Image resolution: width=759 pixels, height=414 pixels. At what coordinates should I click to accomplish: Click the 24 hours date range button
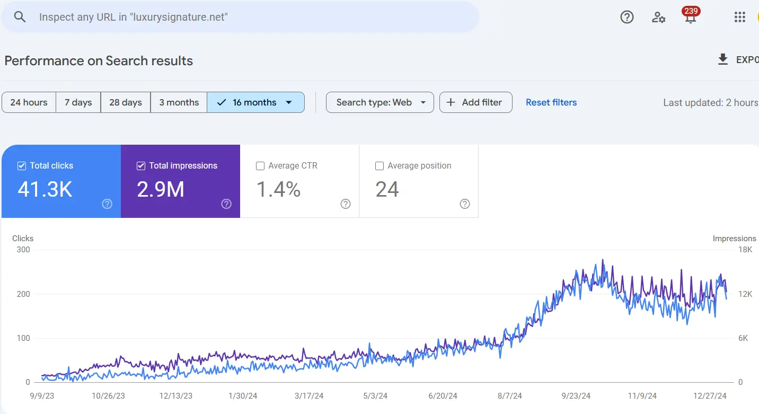[x=29, y=102]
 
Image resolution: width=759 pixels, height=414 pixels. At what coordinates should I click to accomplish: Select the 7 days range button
[x=78, y=102]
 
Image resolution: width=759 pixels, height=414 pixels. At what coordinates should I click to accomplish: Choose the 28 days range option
[x=126, y=102]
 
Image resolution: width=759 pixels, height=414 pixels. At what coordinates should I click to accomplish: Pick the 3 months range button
[x=179, y=102]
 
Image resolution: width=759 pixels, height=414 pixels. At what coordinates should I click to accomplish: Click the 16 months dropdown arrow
[x=289, y=102]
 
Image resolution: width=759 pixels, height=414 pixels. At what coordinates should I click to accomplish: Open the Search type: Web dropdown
[x=380, y=102]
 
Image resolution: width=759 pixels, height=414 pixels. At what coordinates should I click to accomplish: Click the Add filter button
[x=475, y=102]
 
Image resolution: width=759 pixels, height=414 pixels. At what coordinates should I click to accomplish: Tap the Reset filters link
[x=551, y=102]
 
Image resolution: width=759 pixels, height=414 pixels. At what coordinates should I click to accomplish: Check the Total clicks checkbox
[x=22, y=166]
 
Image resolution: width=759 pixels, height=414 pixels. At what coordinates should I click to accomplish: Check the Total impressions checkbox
[x=141, y=166]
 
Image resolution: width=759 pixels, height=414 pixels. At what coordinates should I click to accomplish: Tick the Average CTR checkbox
[x=260, y=166]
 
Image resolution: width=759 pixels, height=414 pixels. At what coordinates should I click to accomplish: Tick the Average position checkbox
[x=380, y=166]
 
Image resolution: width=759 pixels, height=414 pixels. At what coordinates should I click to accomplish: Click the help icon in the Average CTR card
[x=346, y=204]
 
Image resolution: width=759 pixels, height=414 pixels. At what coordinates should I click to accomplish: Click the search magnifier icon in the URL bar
[x=20, y=17]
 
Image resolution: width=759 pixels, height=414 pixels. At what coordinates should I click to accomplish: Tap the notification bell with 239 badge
[x=690, y=17]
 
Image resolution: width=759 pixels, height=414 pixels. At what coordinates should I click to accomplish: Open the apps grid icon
[x=740, y=17]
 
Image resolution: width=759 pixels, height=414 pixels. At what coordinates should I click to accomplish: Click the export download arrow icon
[x=722, y=60]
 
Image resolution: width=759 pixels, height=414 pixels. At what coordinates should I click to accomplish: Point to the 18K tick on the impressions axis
[x=745, y=250]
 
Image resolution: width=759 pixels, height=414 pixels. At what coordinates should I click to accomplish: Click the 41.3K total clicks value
[x=45, y=189]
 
